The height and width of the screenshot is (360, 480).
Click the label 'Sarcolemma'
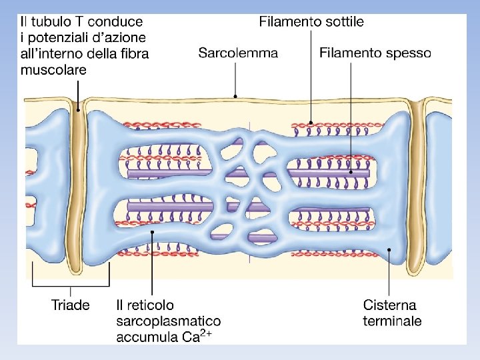tap(238, 53)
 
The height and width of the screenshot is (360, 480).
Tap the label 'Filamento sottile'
tap(311, 22)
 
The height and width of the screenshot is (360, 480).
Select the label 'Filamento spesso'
tap(375, 53)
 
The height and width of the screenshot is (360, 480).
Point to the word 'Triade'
tap(71, 305)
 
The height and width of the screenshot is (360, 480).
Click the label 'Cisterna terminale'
tap(392, 313)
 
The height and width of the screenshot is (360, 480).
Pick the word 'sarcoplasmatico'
tap(169, 321)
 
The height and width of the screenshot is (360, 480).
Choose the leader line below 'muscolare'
tap(77, 93)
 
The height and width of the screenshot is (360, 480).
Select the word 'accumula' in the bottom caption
tap(147, 337)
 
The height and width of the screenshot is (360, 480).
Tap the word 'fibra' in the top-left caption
tap(133, 53)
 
